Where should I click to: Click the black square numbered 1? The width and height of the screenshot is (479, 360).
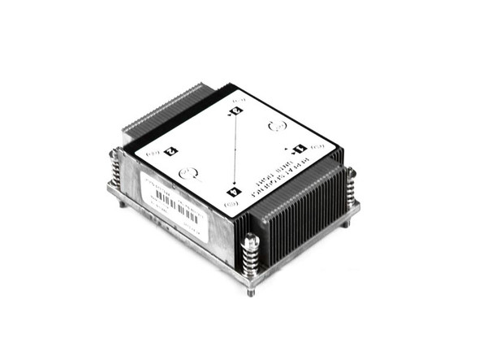click(297, 149)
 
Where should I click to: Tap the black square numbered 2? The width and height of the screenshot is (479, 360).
click(170, 150)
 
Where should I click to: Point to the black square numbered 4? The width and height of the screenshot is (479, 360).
click(235, 192)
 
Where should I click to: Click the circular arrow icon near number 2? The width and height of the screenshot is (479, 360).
click(190, 172)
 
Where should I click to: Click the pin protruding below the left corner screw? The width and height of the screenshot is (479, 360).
click(123, 203)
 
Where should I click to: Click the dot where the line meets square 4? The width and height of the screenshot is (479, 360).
click(235, 184)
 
